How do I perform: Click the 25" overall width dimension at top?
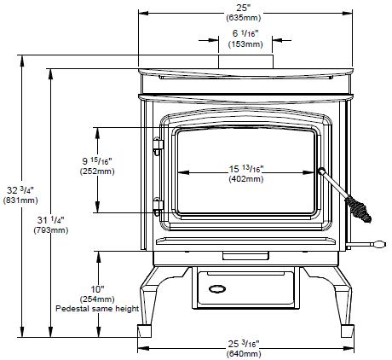(x=242, y=8)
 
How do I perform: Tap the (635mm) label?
(x=244, y=18)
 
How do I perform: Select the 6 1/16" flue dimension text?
(x=245, y=33)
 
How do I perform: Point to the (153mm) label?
(x=245, y=44)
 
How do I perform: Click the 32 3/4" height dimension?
(x=20, y=190)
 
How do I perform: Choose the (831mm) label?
(x=20, y=200)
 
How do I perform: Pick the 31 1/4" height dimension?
(x=51, y=220)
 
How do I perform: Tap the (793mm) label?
(x=51, y=230)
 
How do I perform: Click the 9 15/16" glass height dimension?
(x=97, y=161)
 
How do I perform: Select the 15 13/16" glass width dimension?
(x=246, y=169)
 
